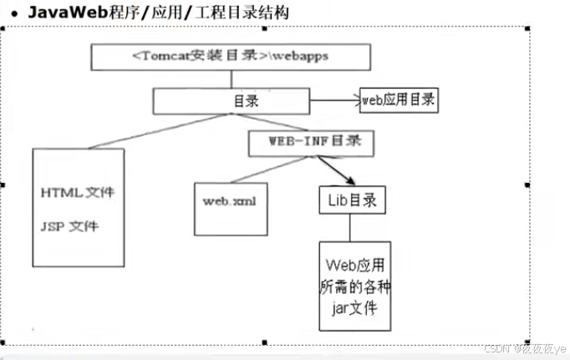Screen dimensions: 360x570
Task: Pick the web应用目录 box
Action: coord(399,100)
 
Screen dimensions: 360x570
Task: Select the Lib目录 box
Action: coord(352,200)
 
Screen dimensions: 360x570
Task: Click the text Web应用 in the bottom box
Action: coord(354,266)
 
